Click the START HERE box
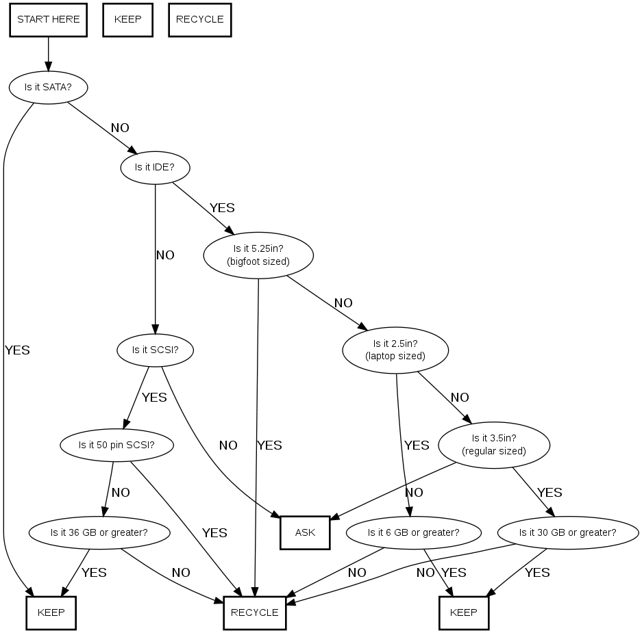click(x=48, y=19)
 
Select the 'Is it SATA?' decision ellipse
click(x=48, y=87)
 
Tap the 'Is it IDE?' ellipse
click(x=155, y=166)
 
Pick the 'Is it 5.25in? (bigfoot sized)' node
click(x=258, y=255)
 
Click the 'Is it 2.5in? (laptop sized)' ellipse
click(x=395, y=350)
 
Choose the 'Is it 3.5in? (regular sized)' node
click(x=494, y=444)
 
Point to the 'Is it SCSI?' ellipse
click(x=155, y=350)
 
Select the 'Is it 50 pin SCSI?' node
click(x=116, y=445)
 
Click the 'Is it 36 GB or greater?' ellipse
click(x=99, y=532)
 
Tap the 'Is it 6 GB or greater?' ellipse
click(x=413, y=532)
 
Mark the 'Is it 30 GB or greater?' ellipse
click(x=567, y=532)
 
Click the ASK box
click(x=305, y=532)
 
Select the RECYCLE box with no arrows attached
click(x=199, y=19)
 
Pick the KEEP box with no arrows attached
click(x=127, y=19)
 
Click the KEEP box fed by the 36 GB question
click(x=51, y=612)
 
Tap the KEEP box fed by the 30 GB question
click(x=464, y=612)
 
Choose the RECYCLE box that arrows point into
click(x=254, y=612)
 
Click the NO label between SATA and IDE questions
click(x=120, y=127)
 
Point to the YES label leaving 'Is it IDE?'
click(x=222, y=207)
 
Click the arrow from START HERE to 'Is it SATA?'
click(x=48, y=53)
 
